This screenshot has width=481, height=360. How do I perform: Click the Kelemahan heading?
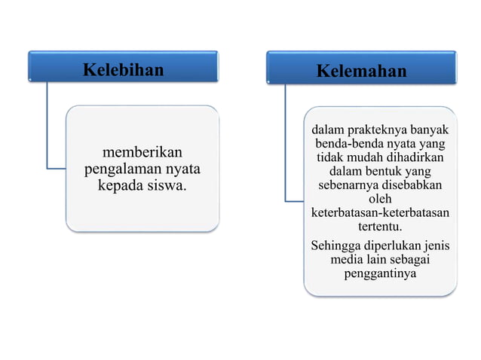click(x=361, y=72)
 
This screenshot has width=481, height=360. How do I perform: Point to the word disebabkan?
click(x=413, y=185)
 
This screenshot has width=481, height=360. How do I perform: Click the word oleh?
click(x=379, y=199)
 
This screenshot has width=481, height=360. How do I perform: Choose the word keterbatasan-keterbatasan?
click(x=380, y=212)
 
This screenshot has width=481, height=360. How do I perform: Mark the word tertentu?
click(x=380, y=226)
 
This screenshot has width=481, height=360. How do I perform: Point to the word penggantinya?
click(x=380, y=273)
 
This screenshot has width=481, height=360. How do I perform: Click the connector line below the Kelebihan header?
click(x=47, y=128)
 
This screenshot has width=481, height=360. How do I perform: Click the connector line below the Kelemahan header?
click(x=285, y=143)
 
